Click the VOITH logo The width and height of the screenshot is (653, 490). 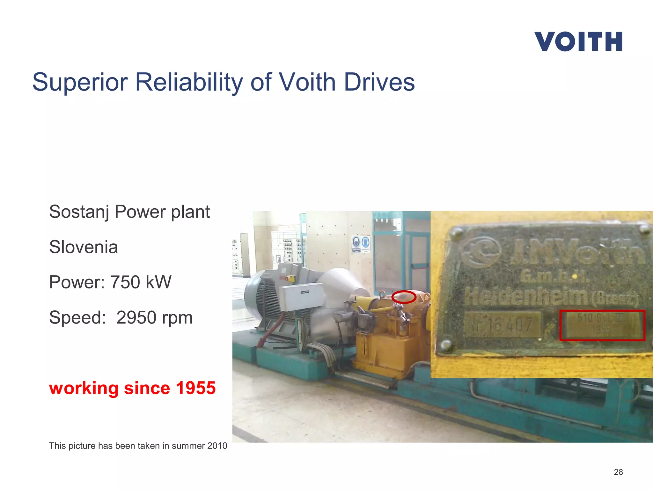point(578,41)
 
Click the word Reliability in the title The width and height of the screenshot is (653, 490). point(189,82)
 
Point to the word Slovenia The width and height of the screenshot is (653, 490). point(84,247)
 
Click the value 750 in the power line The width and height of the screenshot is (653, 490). point(125,282)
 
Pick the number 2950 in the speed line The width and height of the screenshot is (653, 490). point(136,318)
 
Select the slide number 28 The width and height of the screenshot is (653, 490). point(618,472)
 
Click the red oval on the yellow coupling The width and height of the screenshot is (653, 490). point(404,297)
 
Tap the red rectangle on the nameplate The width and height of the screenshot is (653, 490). point(602,325)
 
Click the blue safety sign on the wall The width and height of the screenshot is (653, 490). point(361,244)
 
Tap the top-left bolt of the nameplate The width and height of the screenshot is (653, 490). point(458,233)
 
